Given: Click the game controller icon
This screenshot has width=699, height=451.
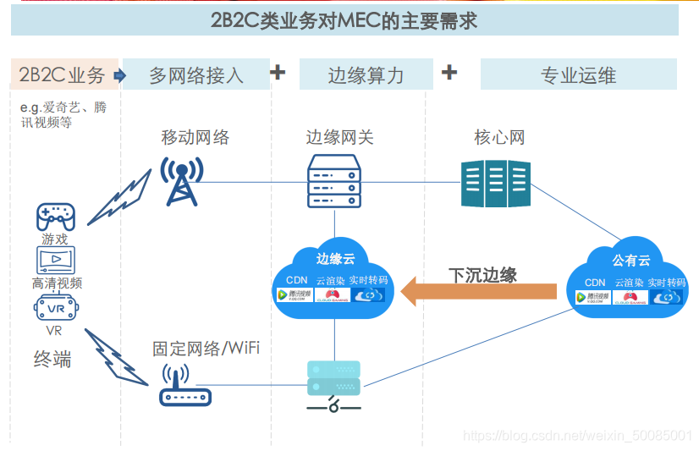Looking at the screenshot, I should pyautogui.click(x=55, y=217).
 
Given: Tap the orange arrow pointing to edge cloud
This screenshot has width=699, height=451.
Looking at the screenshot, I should pyautogui.click(x=479, y=293).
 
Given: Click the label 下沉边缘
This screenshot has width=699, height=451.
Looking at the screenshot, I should pyautogui.click(x=482, y=275).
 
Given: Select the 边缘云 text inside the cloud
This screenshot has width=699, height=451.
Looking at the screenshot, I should pyautogui.click(x=336, y=258).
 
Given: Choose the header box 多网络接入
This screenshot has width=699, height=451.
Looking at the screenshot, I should pyautogui.click(x=196, y=75).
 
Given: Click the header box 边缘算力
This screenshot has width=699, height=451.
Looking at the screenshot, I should pyautogui.click(x=366, y=75).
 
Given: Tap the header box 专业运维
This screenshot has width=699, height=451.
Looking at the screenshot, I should pyautogui.click(x=578, y=75).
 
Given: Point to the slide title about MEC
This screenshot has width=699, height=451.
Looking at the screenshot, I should pyautogui.click(x=344, y=20).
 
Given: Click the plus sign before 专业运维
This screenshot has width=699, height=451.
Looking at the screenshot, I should pyautogui.click(x=449, y=72).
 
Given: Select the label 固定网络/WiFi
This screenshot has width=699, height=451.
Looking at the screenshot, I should pyautogui.click(x=206, y=348).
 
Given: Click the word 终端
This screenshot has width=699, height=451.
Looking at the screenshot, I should pyautogui.click(x=52, y=359).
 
